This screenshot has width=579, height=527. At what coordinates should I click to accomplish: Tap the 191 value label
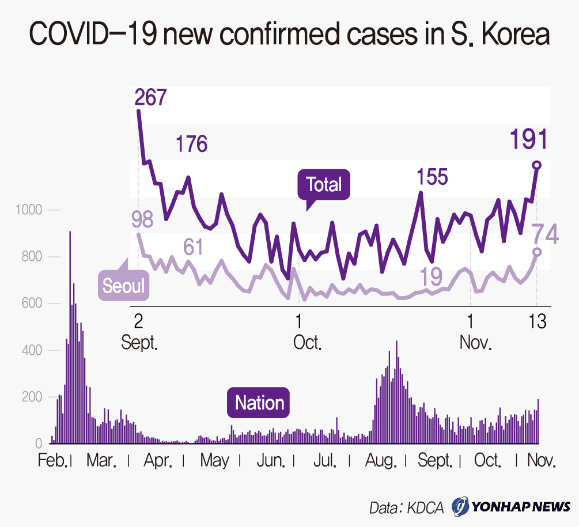click(528, 140)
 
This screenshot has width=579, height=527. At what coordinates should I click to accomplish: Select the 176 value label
click(192, 144)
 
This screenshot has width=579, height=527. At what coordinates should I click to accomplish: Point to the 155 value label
click(433, 176)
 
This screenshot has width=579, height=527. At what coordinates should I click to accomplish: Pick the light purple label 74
click(544, 234)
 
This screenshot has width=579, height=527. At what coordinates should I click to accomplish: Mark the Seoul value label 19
click(431, 276)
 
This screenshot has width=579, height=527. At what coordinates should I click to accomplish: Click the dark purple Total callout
click(323, 185)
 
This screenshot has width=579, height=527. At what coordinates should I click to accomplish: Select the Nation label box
click(259, 403)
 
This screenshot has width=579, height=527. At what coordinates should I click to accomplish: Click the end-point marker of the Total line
click(537, 165)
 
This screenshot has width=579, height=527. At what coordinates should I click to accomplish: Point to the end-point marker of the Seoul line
click(537, 252)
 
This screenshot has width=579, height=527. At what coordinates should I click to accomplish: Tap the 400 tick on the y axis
click(32, 350)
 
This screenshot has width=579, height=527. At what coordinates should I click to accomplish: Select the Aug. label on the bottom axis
click(381, 461)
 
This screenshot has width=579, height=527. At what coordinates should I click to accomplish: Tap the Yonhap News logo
click(510, 507)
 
